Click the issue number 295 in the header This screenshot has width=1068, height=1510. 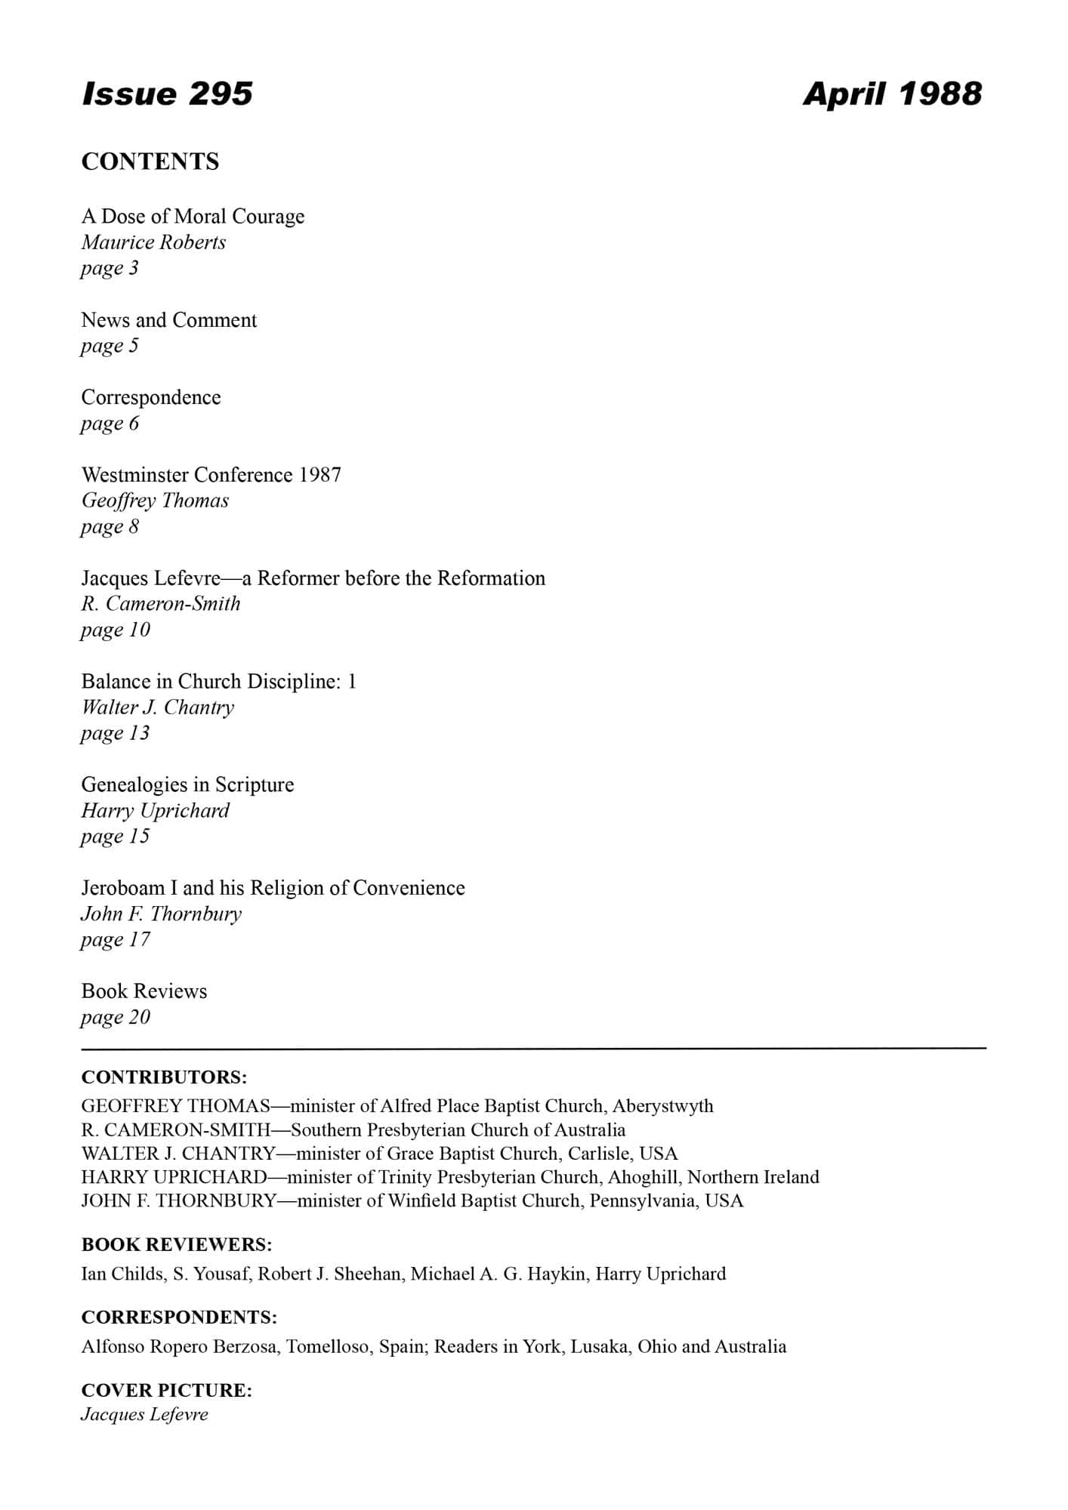(x=221, y=94)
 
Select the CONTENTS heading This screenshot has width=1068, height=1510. (x=150, y=162)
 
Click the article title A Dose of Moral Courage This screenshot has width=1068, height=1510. (x=193, y=217)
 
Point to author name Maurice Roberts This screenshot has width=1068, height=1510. (x=153, y=242)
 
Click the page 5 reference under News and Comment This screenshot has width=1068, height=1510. (x=110, y=346)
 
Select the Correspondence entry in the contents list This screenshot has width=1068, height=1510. (x=151, y=397)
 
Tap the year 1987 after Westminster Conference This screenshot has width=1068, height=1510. (x=320, y=475)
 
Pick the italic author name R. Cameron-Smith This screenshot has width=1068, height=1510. (x=161, y=604)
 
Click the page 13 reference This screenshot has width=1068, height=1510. (x=115, y=733)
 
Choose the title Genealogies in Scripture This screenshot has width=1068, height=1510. (x=187, y=784)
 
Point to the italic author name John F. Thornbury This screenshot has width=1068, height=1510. (x=161, y=914)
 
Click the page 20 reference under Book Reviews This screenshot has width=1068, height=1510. (x=115, y=1017)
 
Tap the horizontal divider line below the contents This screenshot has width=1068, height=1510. (x=533, y=1049)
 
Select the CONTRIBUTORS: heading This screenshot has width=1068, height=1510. (x=164, y=1077)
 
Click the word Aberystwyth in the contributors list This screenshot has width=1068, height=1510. (x=662, y=1106)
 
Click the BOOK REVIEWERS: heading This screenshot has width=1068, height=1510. (x=177, y=1244)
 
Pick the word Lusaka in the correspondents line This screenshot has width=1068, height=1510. (x=600, y=1346)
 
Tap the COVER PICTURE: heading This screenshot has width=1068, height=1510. (x=166, y=1390)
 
